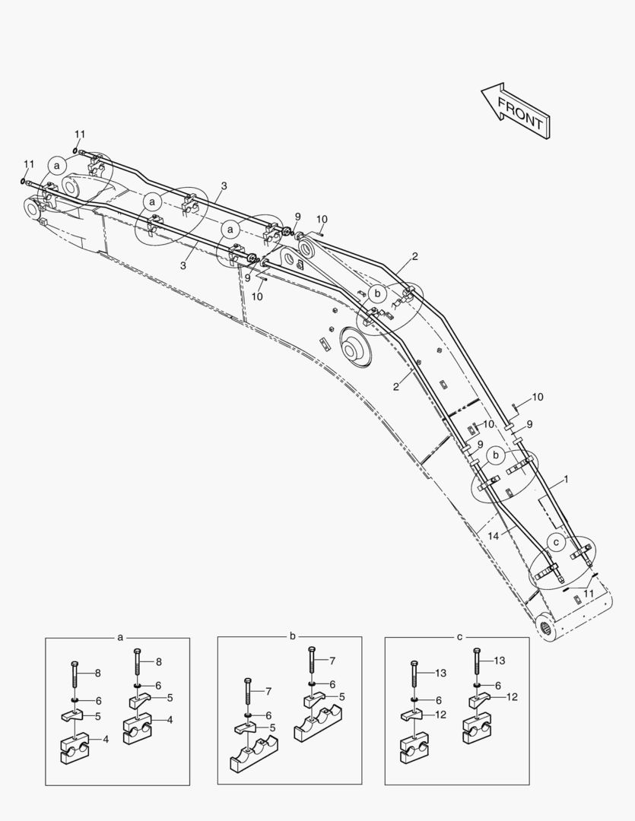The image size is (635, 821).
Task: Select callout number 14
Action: point(494,536)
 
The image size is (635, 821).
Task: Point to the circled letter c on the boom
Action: point(556,542)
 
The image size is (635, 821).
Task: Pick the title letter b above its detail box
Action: point(292,636)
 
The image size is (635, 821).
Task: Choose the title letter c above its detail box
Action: point(459,636)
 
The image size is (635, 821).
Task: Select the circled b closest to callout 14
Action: point(496,455)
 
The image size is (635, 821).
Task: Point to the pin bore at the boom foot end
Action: point(549,627)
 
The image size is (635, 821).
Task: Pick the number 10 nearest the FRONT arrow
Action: point(322,220)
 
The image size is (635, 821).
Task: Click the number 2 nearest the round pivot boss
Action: point(396,387)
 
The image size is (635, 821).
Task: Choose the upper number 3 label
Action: point(224,186)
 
